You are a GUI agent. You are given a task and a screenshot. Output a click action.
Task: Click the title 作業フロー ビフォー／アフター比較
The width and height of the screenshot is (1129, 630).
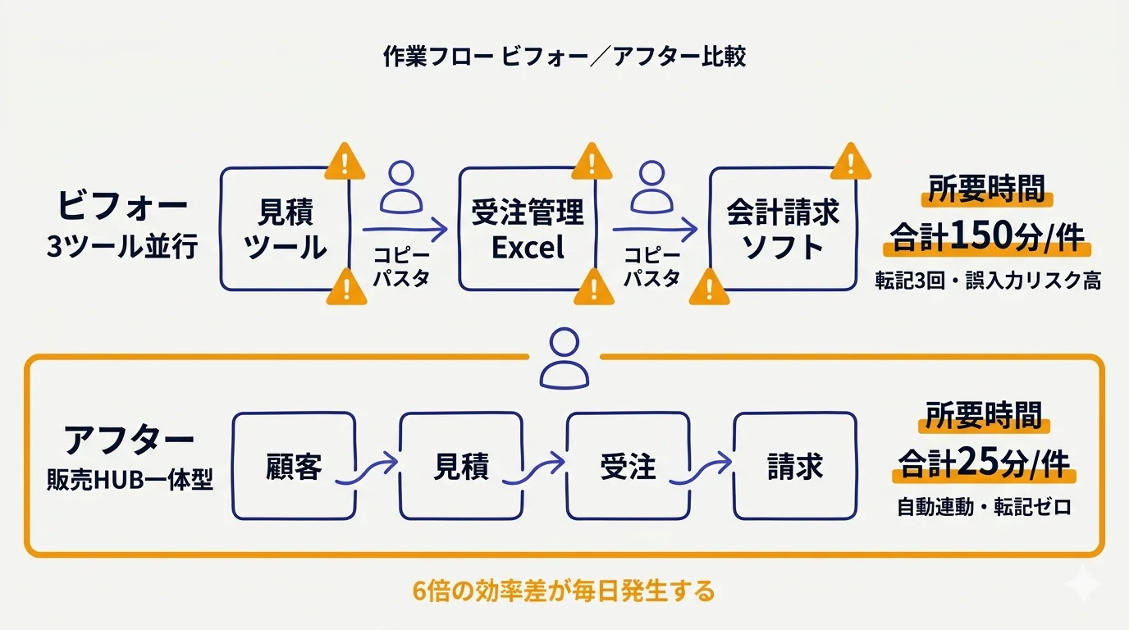coord(564,57)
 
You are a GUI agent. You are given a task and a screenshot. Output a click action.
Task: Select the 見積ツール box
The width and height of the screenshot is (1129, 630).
coord(286,230)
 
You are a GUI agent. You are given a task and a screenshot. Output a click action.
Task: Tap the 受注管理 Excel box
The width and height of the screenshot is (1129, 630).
coord(527,230)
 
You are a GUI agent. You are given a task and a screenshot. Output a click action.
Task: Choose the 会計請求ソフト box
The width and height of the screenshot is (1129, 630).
coord(782,230)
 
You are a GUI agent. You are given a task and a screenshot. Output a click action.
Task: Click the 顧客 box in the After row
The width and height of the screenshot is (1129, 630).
coord(294,466)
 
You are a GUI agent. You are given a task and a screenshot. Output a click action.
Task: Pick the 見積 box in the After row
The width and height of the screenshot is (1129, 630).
coord(460,466)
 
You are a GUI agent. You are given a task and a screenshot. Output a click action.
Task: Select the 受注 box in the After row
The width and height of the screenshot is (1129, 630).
coord(628,466)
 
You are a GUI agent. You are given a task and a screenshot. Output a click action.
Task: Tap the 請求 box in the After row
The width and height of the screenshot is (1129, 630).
coord(794,466)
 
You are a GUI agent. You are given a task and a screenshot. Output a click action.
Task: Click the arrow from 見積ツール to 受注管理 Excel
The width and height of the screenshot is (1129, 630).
coord(405,231)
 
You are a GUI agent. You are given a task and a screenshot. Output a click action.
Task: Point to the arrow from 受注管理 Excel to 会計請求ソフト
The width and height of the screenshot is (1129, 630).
coord(654,231)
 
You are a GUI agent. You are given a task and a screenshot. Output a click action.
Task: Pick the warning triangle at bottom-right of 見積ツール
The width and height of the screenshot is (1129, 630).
coord(346,286)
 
